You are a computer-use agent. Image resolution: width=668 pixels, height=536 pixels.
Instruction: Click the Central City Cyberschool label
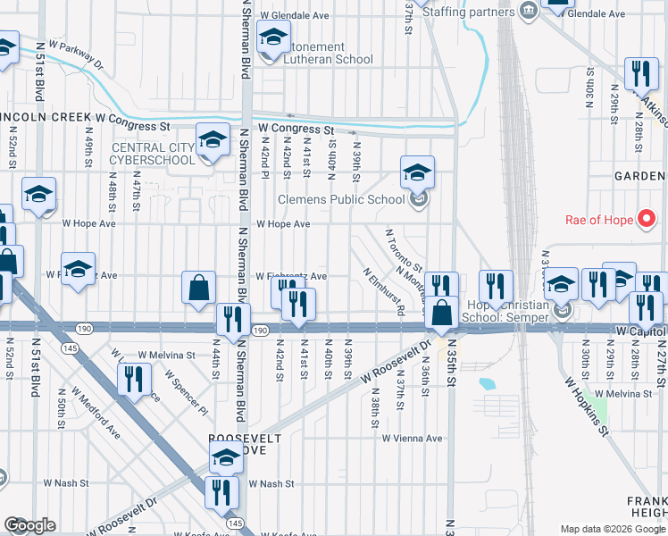[152, 154]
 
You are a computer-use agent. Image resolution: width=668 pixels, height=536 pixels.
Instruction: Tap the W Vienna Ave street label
[412, 439]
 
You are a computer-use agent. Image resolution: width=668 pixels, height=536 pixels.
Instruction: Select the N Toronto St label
[404, 251]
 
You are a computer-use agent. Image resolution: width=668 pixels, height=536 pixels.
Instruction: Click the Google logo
[29, 525]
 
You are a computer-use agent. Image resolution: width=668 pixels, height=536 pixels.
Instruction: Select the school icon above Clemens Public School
[417, 173]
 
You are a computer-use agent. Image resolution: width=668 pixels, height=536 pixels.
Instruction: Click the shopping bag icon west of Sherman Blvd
[199, 289]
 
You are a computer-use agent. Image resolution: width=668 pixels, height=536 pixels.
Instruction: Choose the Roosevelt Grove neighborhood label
[245, 447]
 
